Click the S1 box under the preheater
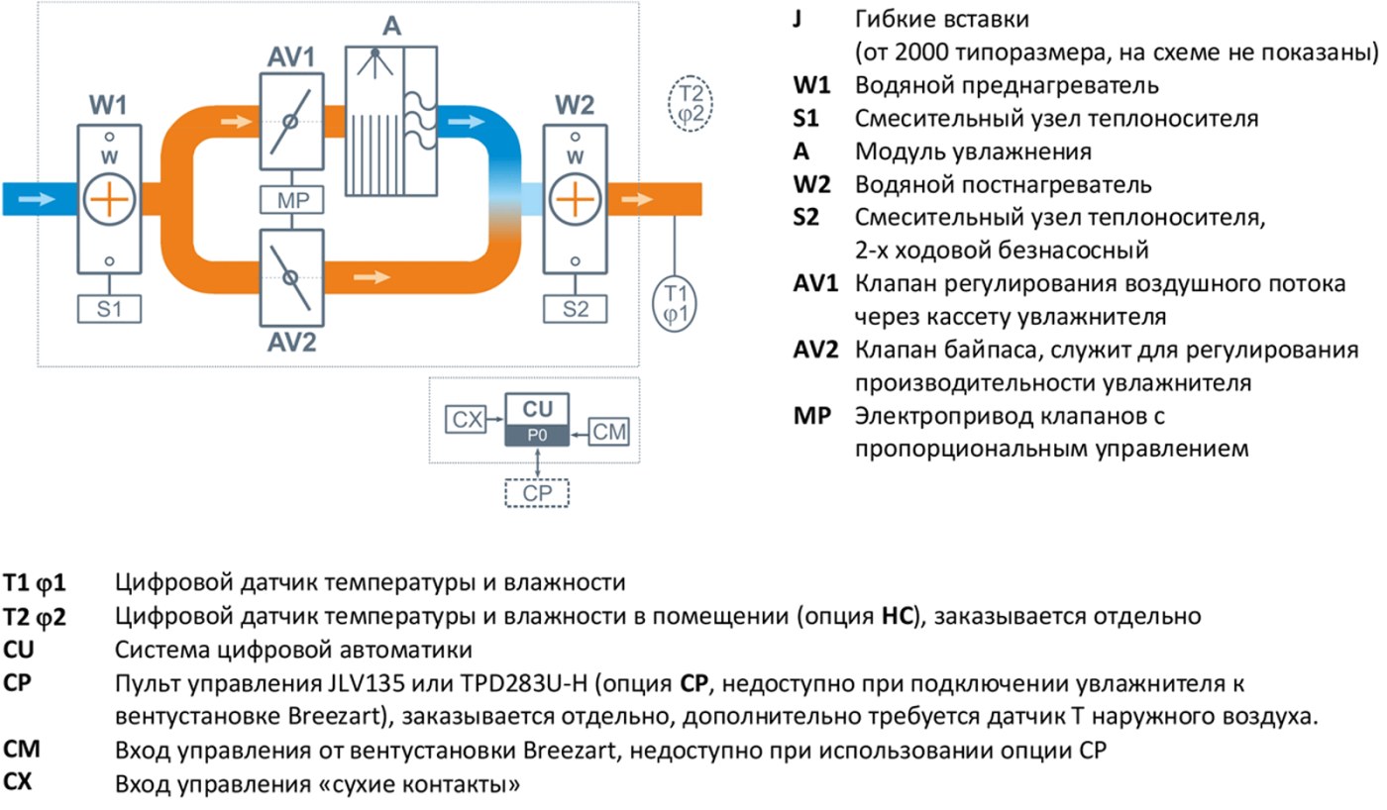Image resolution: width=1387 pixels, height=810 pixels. [109, 309]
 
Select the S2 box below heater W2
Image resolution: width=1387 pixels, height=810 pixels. [576, 309]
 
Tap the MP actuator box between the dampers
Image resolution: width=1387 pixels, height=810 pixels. [291, 200]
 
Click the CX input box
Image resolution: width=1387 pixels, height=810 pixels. [466, 420]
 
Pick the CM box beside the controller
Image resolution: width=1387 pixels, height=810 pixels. [608, 432]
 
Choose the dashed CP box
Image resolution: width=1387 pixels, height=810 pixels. [537, 493]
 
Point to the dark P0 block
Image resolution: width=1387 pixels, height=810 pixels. [537, 436]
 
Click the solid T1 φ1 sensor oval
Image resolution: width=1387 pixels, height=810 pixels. [675, 303]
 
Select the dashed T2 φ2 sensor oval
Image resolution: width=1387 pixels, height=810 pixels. [691, 103]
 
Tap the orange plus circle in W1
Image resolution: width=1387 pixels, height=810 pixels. [109, 199]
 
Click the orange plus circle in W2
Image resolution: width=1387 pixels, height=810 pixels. [576, 199]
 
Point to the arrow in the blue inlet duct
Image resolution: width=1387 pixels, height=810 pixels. [38, 199]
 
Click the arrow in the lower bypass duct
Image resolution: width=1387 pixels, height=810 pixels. [373, 277]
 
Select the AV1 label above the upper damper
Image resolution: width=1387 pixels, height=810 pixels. [291, 57]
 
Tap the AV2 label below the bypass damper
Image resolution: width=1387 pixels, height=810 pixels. [291, 342]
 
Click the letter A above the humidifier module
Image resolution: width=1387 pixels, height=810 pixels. [391, 26]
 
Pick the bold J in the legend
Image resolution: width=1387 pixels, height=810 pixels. [798, 19]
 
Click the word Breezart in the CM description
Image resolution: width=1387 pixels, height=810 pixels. [570, 750]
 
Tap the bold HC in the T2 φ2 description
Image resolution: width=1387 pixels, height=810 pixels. [898, 616]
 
